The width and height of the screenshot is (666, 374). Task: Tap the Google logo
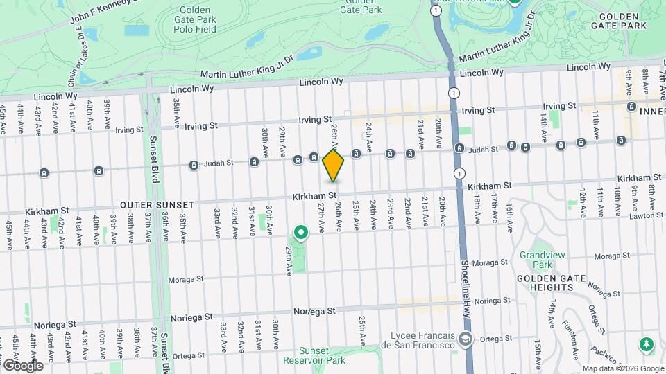22,365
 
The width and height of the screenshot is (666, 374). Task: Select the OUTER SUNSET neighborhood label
151,205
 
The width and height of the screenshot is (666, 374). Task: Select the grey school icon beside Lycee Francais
466,340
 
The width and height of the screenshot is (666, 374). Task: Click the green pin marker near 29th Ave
300,232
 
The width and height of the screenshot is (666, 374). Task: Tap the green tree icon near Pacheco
647,344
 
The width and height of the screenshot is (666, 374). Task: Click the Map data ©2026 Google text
622,368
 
